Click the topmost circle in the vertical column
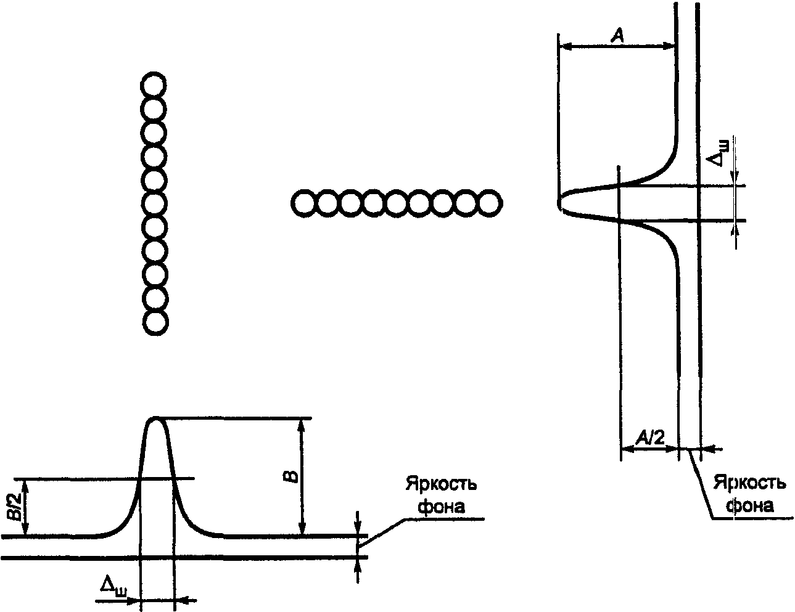[x=154, y=85]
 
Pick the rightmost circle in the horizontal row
[x=489, y=203]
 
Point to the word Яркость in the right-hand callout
[x=749, y=483]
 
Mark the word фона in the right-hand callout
[x=749, y=505]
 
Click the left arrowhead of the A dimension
[x=561, y=45]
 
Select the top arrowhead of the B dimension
[x=302, y=423]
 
